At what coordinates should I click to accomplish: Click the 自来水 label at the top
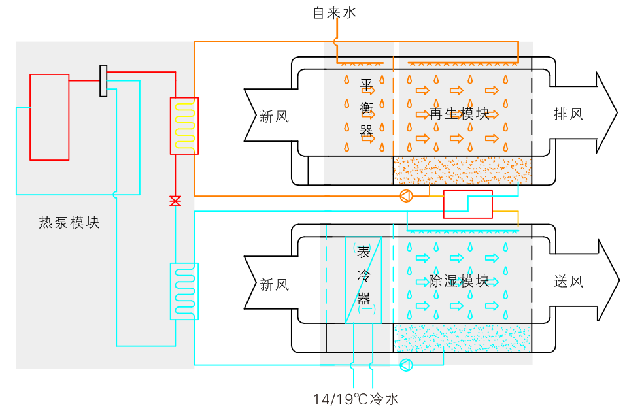335,12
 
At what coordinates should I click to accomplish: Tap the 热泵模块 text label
69,223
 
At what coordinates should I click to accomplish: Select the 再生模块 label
460,114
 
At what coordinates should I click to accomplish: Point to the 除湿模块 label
460,282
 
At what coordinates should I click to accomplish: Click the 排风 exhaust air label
567,114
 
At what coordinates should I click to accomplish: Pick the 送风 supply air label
567,282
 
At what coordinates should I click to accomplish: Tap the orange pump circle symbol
405,195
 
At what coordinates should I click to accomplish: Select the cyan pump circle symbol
405,365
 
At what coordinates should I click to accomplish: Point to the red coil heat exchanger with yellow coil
184,126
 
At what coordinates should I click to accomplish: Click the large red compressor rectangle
50,117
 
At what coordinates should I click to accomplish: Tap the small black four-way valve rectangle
103,81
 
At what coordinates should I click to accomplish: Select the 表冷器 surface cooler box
363,280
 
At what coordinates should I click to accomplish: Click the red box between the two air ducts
467,205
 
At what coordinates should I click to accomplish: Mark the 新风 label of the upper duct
273,117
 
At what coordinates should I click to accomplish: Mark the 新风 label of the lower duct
273,285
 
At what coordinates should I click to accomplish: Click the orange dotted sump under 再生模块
462,171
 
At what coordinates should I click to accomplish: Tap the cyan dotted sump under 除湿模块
462,338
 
